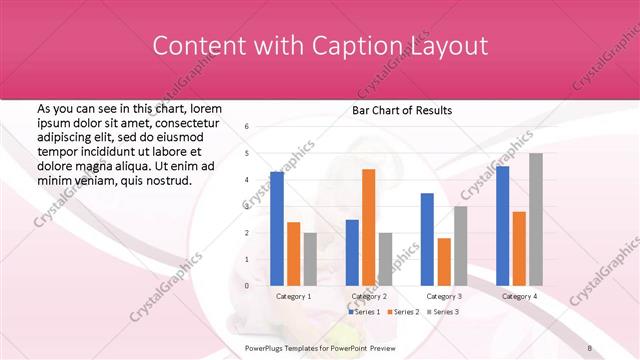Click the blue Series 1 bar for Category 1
(277, 229)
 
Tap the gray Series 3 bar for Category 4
(536, 219)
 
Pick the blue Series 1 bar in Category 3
(427, 239)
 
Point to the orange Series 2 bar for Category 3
(443, 261)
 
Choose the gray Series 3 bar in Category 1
(310, 259)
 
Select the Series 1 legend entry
(364, 312)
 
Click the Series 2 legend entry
(402, 312)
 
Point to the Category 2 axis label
(369, 296)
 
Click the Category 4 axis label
(519, 296)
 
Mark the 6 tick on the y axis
(246, 127)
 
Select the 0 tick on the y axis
(246, 286)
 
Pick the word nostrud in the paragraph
(168, 180)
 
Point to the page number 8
(590, 346)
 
